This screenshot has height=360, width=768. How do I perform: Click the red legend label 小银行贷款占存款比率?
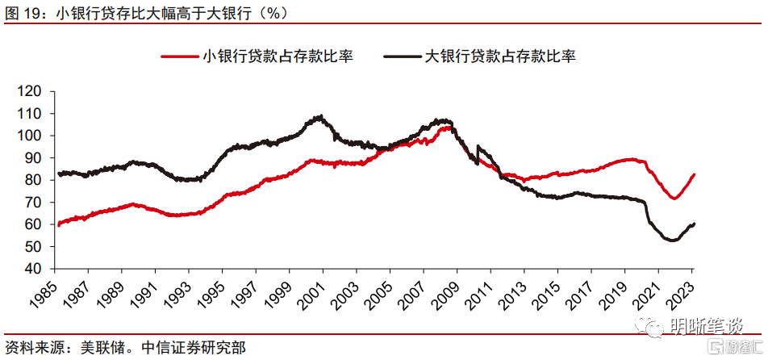279,56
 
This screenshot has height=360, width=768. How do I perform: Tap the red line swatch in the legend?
181,57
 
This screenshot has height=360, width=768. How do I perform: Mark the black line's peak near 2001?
320,116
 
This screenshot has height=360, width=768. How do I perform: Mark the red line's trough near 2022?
673,198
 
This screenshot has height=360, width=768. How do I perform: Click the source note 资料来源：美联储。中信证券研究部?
124,348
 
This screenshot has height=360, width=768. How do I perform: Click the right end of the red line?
695,174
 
